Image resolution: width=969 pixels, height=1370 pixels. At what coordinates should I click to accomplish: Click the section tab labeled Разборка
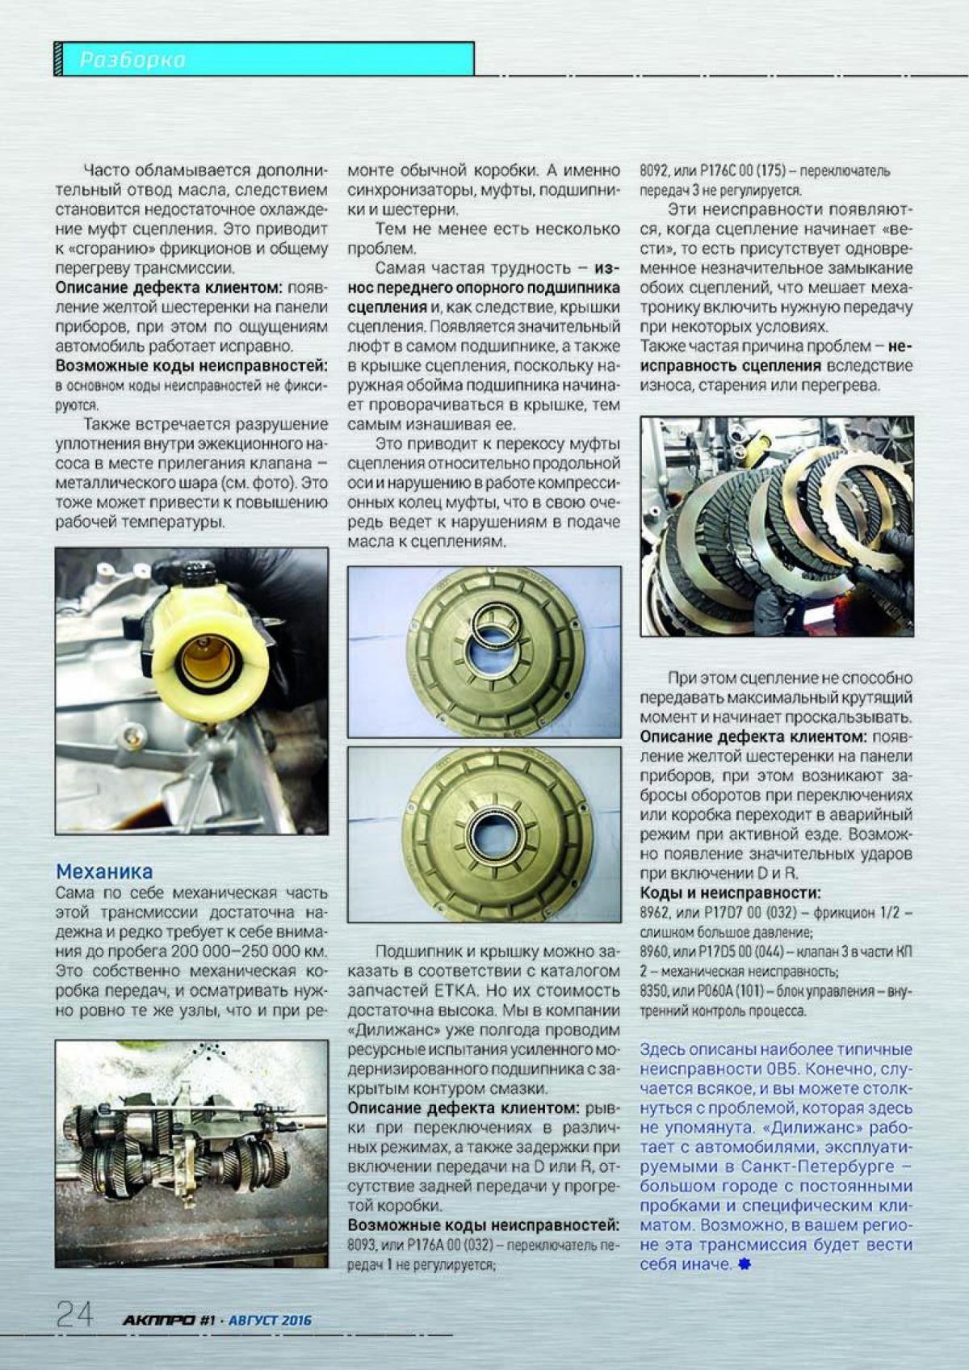(133, 60)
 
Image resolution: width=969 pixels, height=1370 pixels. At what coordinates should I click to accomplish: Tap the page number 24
(74, 1315)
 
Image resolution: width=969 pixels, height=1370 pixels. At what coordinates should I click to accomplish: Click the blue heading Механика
(104, 872)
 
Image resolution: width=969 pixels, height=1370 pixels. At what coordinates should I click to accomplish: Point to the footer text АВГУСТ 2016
(270, 1320)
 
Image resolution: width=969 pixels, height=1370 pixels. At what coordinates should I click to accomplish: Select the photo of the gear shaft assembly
(191, 1153)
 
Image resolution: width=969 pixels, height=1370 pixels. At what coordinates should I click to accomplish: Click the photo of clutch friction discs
(777, 526)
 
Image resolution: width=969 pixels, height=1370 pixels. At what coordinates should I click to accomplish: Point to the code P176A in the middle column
(429, 1245)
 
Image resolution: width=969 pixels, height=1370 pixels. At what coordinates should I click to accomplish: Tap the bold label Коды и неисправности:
(730, 893)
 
